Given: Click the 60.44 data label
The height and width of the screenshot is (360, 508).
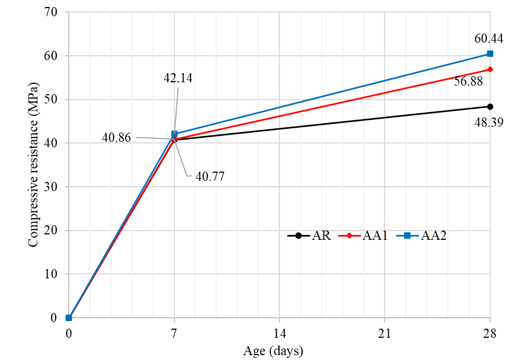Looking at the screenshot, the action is click(489, 39).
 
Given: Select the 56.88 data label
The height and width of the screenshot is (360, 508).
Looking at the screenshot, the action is click(468, 81).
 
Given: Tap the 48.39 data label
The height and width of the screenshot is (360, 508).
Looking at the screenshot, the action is click(489, 122).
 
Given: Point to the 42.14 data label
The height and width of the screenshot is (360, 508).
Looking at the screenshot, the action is click(178, 78).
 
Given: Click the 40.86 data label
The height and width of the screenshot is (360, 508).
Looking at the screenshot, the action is click(116, 138).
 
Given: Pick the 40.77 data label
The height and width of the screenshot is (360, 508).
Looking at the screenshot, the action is click(210, 176).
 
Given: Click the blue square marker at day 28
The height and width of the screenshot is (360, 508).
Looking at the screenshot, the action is click(490, 54).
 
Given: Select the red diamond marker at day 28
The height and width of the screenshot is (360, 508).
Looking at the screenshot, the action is click(490, 69).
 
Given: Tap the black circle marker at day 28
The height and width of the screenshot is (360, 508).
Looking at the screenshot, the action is click(490, 107).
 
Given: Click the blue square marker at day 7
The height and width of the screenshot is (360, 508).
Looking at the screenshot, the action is click(174, 134).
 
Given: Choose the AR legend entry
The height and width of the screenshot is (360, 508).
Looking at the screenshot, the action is click(309, 235).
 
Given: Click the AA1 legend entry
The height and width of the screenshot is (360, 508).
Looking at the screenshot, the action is click(363, 235).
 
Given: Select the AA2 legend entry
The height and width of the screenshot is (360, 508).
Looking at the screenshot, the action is click(421, 235).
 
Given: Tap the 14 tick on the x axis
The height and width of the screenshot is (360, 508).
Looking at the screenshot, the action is click(279, 333).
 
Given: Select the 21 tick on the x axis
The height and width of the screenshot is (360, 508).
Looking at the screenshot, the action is click(385, 333).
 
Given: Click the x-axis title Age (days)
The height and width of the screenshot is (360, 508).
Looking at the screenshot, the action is click(273, 351).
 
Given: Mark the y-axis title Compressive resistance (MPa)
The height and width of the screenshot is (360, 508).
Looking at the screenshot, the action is click(33, 165).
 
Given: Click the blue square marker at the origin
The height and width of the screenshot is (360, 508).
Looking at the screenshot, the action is click(69, 318).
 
